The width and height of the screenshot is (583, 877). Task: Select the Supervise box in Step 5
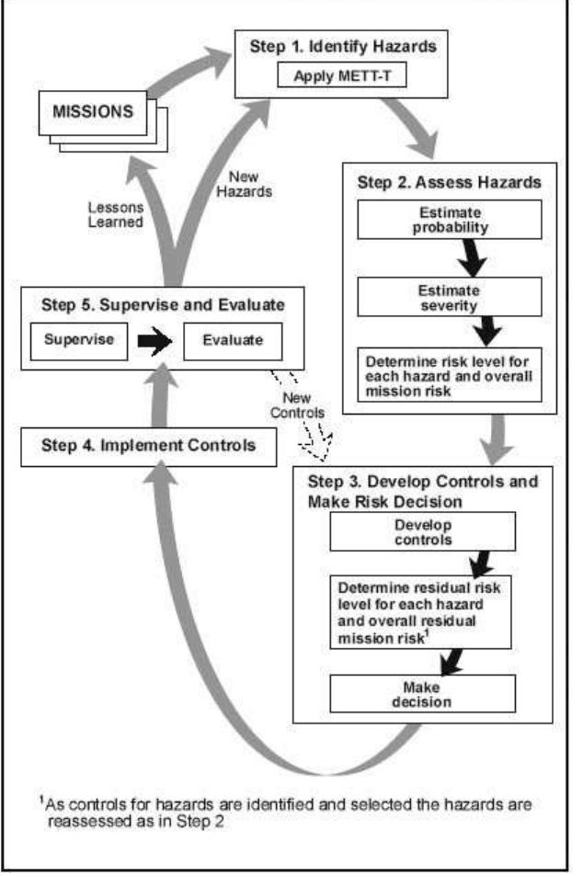pos(77,340)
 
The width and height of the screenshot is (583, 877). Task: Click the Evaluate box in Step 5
pos(230,340)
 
